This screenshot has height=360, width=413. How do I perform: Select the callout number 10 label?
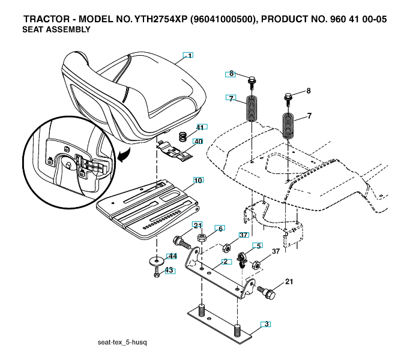tap(198, 181)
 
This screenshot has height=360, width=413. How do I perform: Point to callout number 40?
tap(198, 142)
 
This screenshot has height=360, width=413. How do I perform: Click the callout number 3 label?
tap(267, 324)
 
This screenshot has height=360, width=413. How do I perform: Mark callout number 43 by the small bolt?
tap(169, 270)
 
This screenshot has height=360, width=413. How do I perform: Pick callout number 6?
tap(220, 229)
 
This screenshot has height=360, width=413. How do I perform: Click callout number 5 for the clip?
tap(259, 246)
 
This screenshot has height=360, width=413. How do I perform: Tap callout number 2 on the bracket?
tap(225, 262)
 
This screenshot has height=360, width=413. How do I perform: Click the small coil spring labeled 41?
tap(183, 136)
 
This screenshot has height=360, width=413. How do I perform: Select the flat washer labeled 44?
tap(157, 261)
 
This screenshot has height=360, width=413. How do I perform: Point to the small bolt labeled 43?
tap(157, 272)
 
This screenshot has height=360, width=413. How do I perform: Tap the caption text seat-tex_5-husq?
tap(122, 343)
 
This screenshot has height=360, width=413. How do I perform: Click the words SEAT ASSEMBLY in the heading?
tap(56, 29)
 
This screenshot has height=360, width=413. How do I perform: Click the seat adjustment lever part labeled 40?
tap(175, 151)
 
